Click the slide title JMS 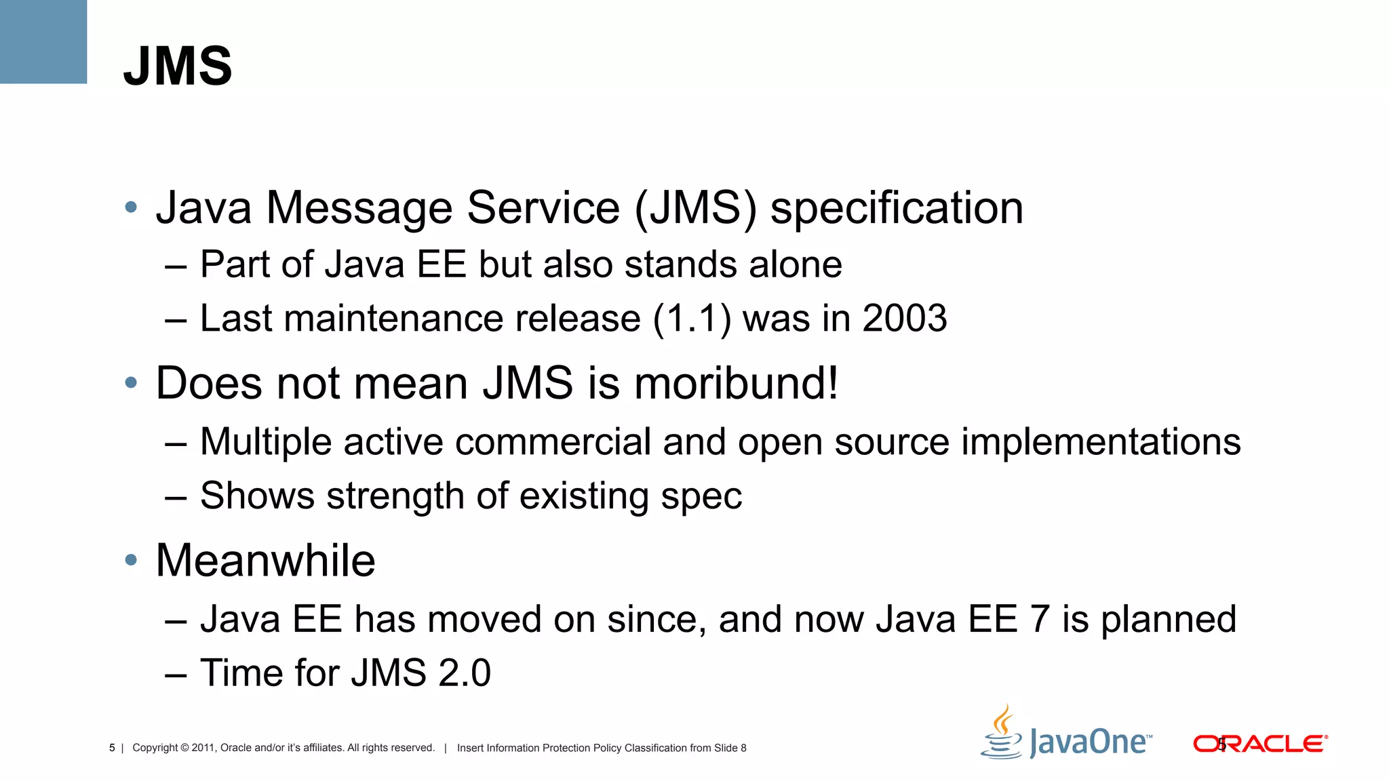[x=178, y=66]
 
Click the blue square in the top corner [x=43, y=41]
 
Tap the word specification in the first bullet [x=897, y=208]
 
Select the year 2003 [x=905, y=318]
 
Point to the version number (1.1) [x=692, y=318]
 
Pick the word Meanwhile [x=265, y=561]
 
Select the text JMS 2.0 [x=420, y=673]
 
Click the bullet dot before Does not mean [x=132, y=384]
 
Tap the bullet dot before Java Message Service [x=132, y=207]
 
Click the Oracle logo [x=1260, y=744]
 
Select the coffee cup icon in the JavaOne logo [x=1002, y=734]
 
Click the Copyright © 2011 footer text [x=283, y=748]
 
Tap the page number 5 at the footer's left [x=112, y=748]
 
